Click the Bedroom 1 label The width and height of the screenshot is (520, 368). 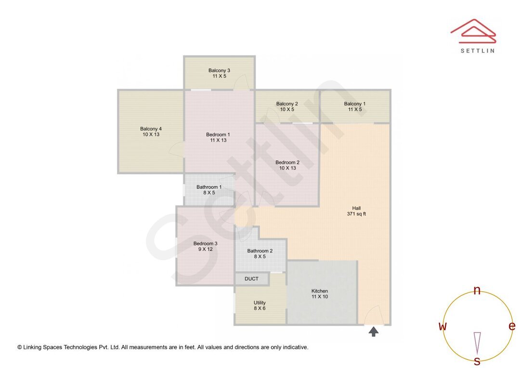[x=218, y=134]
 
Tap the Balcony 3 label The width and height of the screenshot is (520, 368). [x=219, y=70]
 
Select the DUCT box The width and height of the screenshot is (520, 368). [x=251, y=279]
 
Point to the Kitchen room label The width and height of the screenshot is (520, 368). [x=320, y=291]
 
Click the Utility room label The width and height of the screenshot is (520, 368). [x=260, y=303]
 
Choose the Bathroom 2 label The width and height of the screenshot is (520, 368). [x=260, y=251]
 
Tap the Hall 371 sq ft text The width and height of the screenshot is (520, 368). [x=356, y=211]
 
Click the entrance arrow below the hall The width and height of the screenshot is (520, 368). [x=373, y=331]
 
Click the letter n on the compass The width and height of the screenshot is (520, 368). [x=477, y=290]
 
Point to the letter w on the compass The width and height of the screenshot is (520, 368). [x=442, y=327]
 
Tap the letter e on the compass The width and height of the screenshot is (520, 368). [x=512, y=326]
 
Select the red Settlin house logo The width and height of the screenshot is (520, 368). [x=473, y=30]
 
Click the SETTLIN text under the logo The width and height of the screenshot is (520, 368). [x=477, y=51]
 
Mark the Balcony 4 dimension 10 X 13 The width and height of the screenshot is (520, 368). [x=151, y=135]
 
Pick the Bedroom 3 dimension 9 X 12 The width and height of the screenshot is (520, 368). [x=206, y=250]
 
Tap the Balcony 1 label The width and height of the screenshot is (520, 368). [x=355, y=104]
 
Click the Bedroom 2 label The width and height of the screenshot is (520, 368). [x=287, y=162]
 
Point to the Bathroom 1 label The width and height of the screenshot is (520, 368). [x=209, y=187]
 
